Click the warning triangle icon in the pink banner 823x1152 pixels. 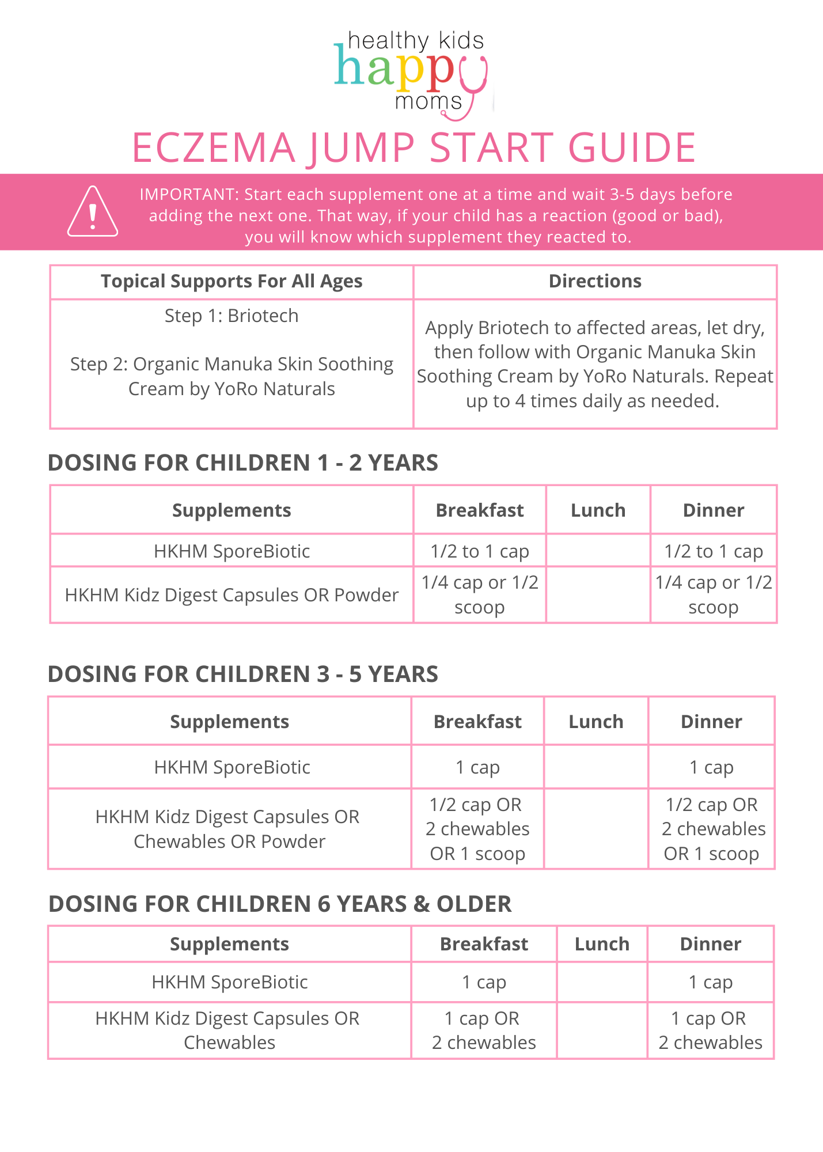coord(93,213)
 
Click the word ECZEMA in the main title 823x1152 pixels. coord(214,148)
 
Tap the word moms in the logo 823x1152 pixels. coord(428,102)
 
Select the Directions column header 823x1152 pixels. coord(595,281)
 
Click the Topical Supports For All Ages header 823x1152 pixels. coord(232,281)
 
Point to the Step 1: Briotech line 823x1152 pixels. coord(232,316)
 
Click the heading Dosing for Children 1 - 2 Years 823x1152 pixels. coord(242,463)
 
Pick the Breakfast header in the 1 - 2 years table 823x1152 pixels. coord(480,510)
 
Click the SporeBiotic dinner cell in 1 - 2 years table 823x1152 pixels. coord(714,551)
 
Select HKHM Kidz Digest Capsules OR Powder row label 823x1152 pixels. coord(232,595)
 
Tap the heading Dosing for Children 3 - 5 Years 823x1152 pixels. coord(242,674)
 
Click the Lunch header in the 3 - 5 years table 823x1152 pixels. coord(596,722)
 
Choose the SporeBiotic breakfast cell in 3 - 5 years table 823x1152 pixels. coord(477,767)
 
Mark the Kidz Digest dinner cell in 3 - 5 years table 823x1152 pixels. coord(712,829)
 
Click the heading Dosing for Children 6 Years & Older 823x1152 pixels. coord(280,904)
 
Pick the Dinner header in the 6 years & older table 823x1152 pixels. coord(711,944)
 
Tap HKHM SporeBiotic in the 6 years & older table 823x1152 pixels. coord(229,982)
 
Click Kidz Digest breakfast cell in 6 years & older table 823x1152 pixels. coord(484,1030)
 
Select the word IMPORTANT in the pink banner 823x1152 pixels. coord(188,195)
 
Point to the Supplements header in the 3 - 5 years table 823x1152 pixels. coord(229,722)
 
